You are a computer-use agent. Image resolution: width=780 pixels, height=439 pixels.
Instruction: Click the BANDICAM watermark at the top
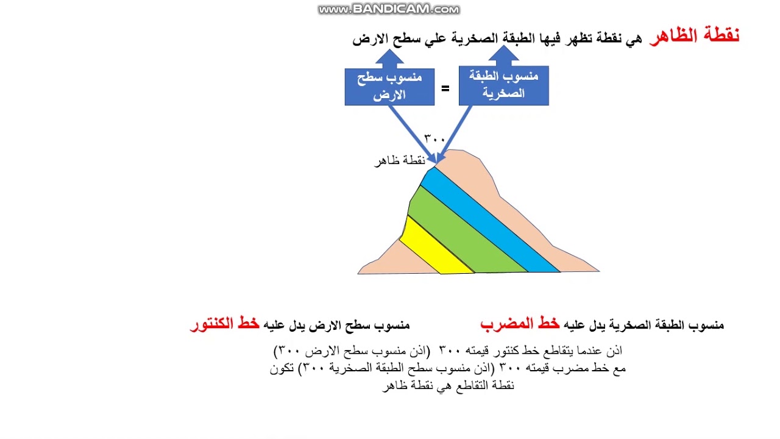(389, 9)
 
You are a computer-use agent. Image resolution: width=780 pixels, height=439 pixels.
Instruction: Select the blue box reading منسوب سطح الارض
(389, 87)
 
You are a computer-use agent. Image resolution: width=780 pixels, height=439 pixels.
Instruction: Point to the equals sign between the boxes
(445, 89)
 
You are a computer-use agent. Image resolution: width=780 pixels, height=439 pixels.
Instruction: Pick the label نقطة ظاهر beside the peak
(399, 161)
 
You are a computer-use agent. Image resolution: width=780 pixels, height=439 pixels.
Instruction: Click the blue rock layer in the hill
(487, 223)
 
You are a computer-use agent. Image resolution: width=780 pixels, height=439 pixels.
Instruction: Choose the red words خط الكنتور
(224, 324)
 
